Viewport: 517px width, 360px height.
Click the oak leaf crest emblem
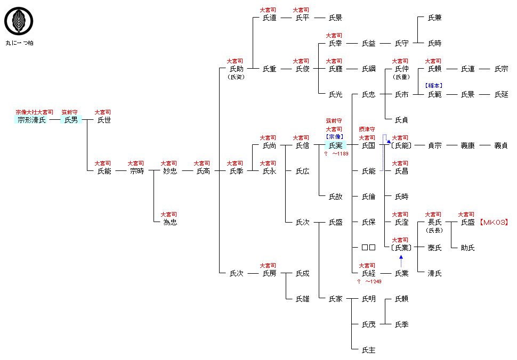(x=15, y=21)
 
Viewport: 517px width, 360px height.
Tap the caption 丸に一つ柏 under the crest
(x=20, y=43)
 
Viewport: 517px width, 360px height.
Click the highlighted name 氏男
(x=71, y=120)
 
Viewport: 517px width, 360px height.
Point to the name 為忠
(x=170, y=222)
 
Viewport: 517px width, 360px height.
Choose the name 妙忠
(x=170, y=171)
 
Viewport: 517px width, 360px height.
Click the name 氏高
(x=203, y=171)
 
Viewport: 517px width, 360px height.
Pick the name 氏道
(x=269, y=18)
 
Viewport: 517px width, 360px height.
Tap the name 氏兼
(x=434, y=18)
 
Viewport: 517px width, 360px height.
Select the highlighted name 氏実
(x=335, y=145)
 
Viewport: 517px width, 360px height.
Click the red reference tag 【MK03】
(x=493, y=222)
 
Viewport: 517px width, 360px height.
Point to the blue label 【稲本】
(x=434, y=85)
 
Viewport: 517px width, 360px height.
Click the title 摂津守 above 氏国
(x=368, y=129)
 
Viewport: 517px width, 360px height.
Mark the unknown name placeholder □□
(x=368, y=248)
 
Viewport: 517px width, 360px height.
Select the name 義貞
(x=500, y=145)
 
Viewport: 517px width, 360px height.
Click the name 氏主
(x=368, y=350)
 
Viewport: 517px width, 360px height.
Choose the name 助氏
(x=467, y=248)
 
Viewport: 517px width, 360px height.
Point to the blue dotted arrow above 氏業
(x=401, y=261)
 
